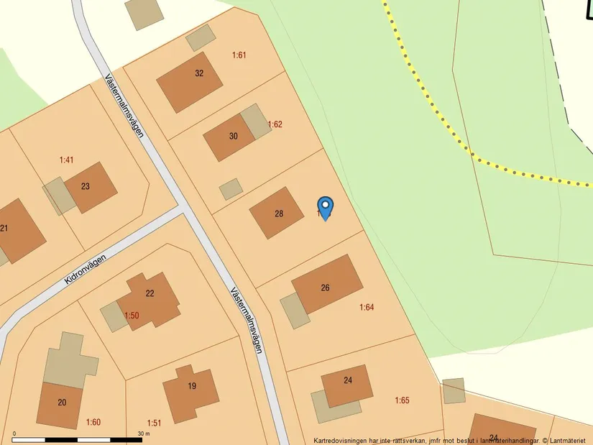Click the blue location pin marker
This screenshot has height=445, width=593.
pyautogui.click(x=326, y=208)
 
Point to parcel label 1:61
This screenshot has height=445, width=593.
pyautogui.click(x=239, y=55)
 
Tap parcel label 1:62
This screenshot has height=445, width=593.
pyautogui.click(x=275, y=124)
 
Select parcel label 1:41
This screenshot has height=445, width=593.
pyautogui.click(x=66, y=160)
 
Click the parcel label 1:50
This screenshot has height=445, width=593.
pyautogui.click(x=132, y=316)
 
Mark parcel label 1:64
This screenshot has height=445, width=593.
pyautogui.click(x=367, y=307)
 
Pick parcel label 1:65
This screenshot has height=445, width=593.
pyautogui.click(x=402, y=400)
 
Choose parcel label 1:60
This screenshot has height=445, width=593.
pyautogui.click(x=93, y=422)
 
